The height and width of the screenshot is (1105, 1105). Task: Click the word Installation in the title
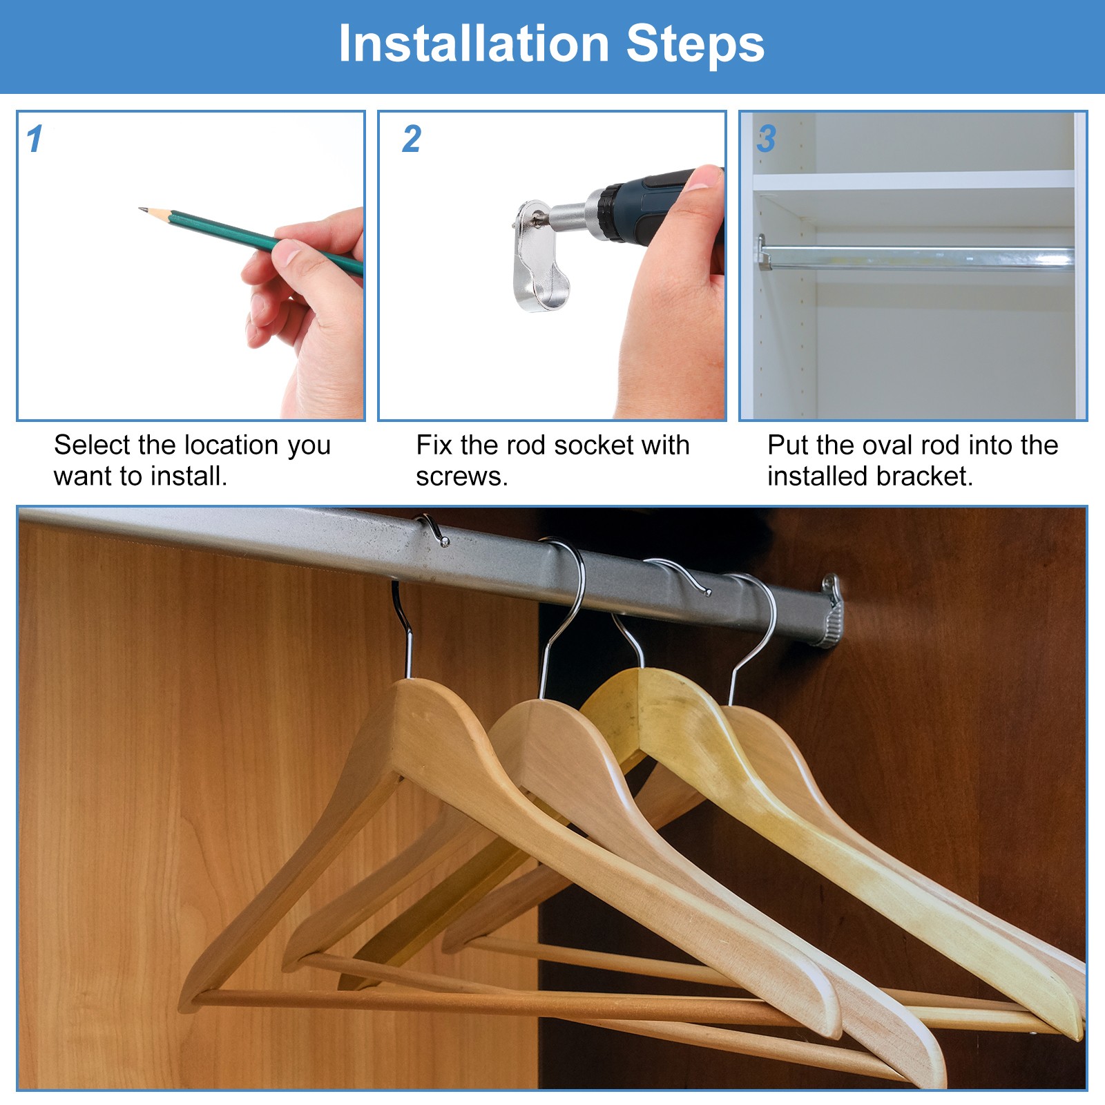pos(474,44)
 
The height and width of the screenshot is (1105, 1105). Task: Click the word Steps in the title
pos(695,44)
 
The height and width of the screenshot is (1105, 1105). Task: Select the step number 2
pos(412,139)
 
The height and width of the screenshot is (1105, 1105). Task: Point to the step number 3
pos(767,139)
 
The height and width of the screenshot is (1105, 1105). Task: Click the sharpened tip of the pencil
pos(141,209)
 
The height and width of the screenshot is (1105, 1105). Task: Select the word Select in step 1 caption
pos(93,445)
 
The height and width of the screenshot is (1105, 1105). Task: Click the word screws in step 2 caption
pos(461,477)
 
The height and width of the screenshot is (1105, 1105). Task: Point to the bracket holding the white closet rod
pos(762,251)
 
